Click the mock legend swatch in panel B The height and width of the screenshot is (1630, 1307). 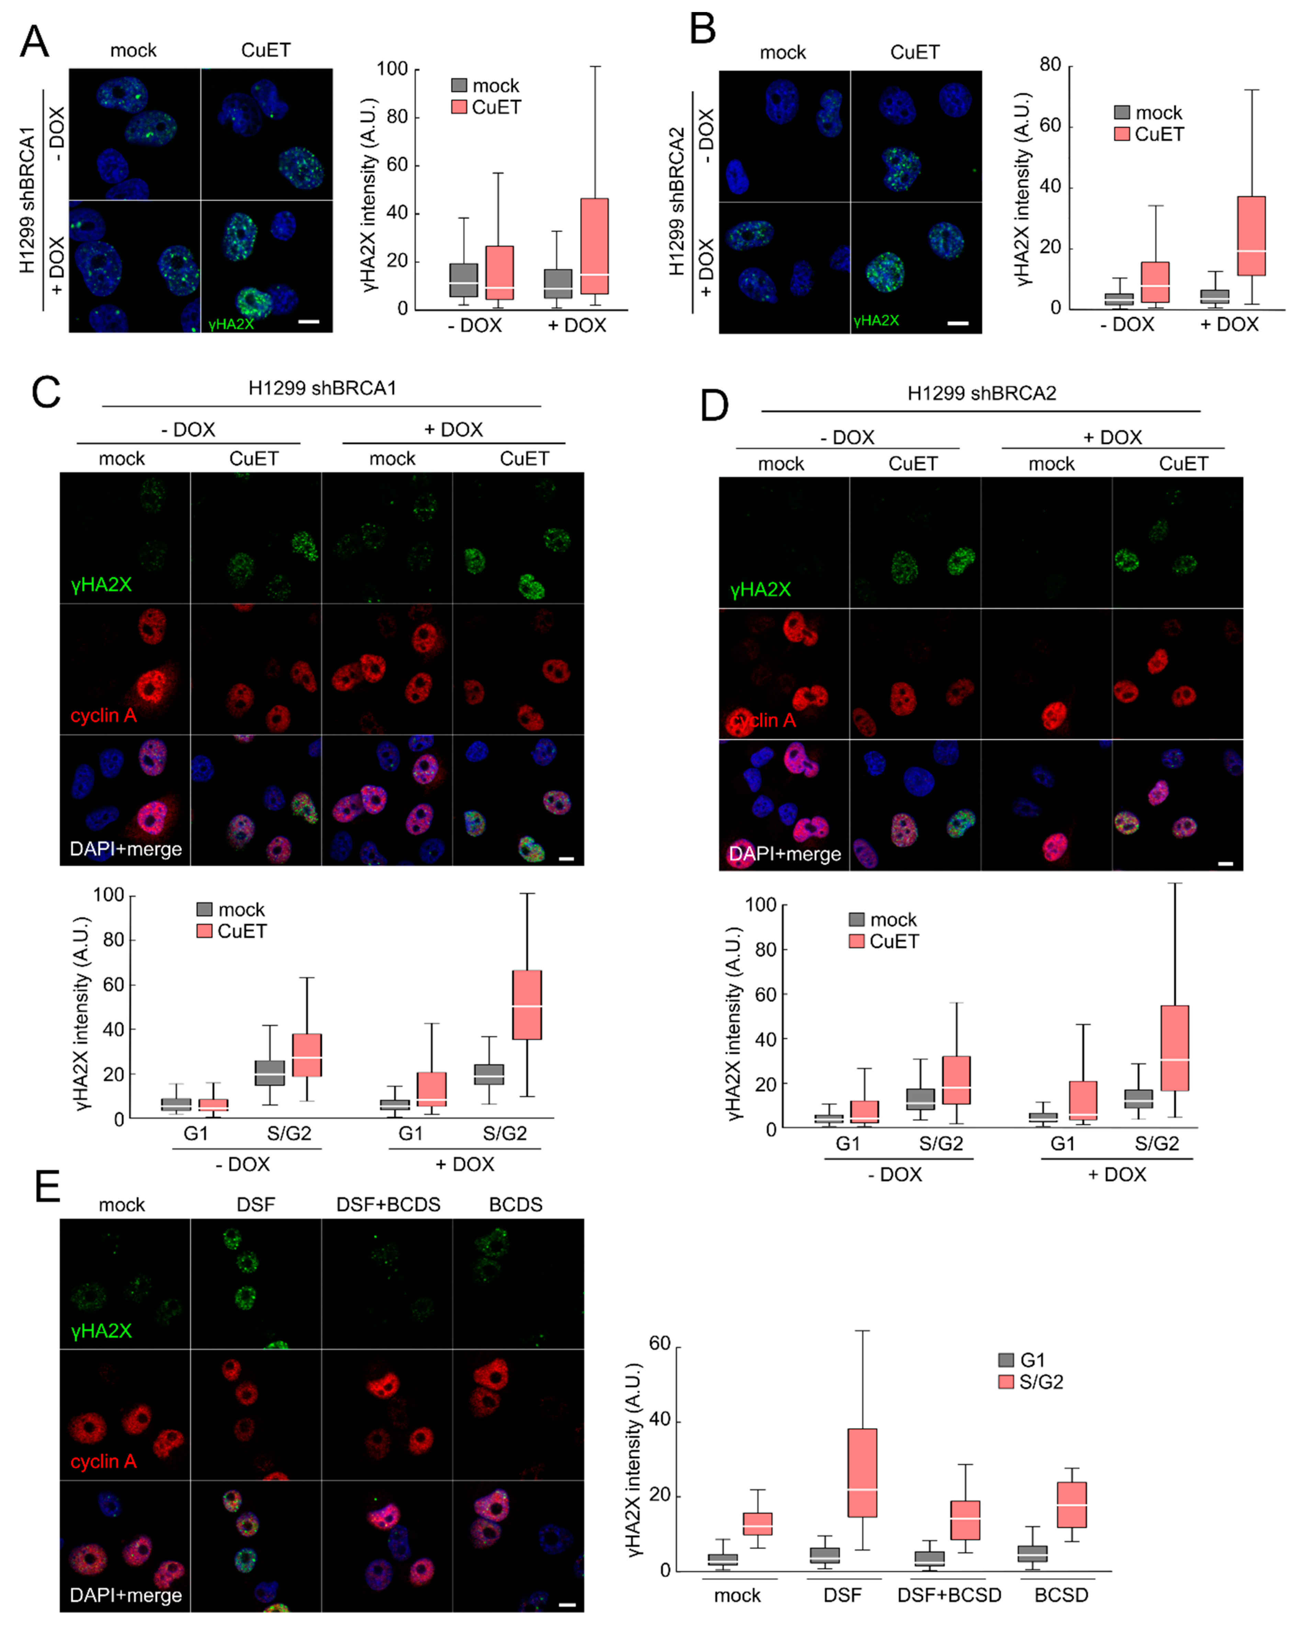(x=1122, y=113)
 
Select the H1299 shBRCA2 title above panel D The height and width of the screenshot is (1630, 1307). (x=981, y=393)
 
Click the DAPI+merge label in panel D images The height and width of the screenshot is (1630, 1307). (x=785, y=853)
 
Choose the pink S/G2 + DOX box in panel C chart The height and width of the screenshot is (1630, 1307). (x=527, y=1005)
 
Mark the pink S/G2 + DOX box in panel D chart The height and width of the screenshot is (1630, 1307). (x=1175, y=1048)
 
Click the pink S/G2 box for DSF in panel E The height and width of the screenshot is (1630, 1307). (x=863, y=1473)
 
